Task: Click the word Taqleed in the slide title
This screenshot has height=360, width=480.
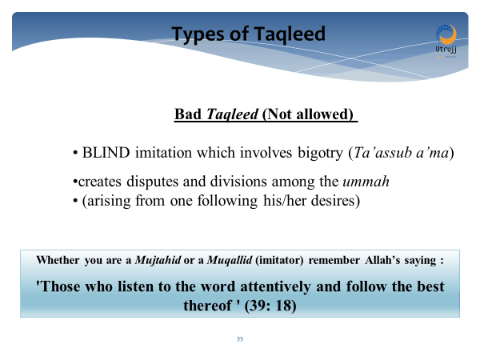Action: coord(290,34)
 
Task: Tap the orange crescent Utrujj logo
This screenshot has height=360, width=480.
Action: coord(446,36)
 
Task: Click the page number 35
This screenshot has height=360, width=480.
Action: coord(240,339)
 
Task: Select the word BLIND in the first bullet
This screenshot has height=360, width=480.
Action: coord(106,153)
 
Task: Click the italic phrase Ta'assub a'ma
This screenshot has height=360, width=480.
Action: coord(401,153)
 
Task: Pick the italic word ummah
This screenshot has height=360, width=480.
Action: coord(366,182)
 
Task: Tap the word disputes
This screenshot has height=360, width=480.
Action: coord(153,182)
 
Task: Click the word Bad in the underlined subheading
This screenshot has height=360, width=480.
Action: coord(188,114)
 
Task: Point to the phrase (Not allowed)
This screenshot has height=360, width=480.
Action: coord(308,114)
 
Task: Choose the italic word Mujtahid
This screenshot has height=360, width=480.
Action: coord(158,260)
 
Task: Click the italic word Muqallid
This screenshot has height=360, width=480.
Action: coord(230,260)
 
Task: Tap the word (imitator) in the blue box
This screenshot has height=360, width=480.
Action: coord(279,260)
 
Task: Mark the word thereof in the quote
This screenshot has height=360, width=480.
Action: coord(207,306)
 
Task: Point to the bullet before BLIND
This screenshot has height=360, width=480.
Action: coord(75,153)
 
